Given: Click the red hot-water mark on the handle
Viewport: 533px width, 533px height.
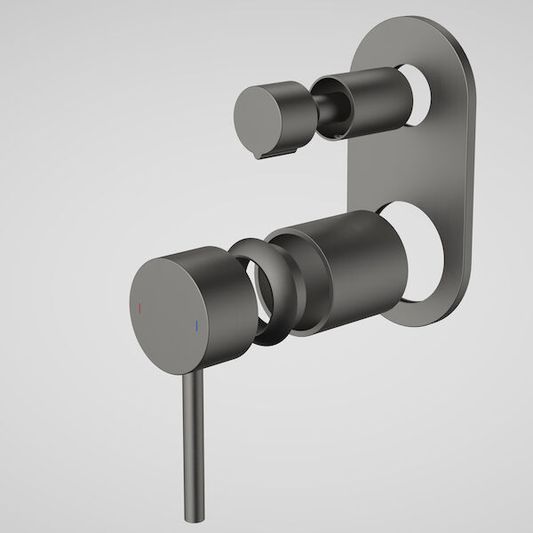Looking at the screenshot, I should tap(139, 309).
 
